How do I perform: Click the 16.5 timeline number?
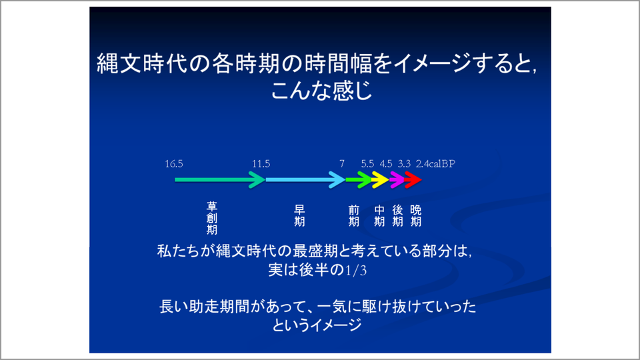click(174, 163)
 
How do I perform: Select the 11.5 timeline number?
click(262, 163)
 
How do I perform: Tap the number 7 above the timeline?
click(342, 163)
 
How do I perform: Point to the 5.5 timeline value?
click(368, 163)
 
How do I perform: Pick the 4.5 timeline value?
click(386, 163)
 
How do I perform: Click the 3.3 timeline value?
click(404, 163)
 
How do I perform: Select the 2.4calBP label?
click(435, 163)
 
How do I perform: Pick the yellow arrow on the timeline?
click(380, 179)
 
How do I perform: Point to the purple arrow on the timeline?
click(397, 179)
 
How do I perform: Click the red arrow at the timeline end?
click(413, 179)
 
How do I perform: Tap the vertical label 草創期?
click(212, 218)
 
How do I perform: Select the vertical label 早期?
click(300, 215)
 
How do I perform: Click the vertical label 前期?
click(354, 215)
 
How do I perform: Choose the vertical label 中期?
click(379, 215)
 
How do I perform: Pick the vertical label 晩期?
click(415, 215)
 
